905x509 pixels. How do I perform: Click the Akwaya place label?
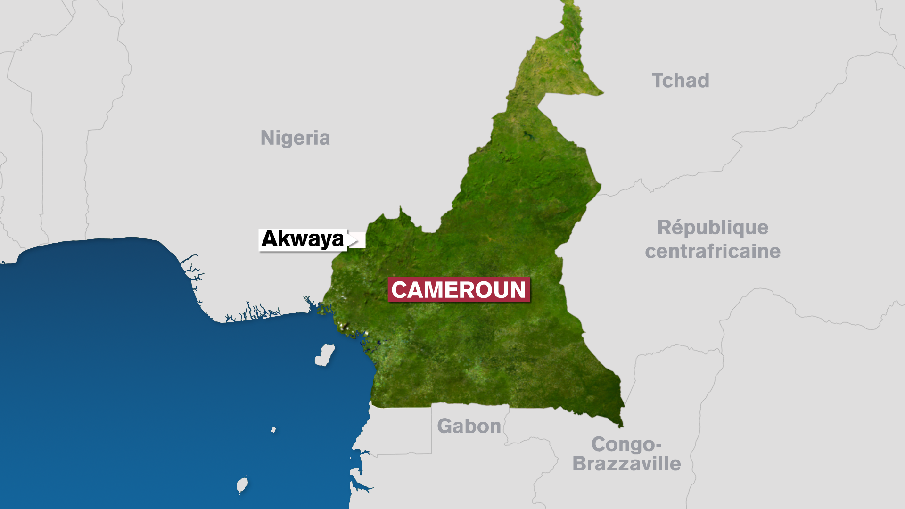[303, 239]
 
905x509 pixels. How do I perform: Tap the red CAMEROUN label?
[459, 289]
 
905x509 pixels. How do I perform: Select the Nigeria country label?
[295, 138]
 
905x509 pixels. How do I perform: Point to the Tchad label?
[680, 81]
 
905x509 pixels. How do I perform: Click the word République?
[713, 228]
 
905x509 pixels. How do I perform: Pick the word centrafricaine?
[713, 251]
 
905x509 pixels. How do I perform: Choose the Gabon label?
[469, 426]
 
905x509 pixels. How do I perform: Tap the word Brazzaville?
[626, 464]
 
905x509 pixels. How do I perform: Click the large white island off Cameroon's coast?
[325, 355]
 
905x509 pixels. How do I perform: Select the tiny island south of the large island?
[273, 429]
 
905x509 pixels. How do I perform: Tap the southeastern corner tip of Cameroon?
[621, 426]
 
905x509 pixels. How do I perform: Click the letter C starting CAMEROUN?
[400, 290]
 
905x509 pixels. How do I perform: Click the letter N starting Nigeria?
[267, 138]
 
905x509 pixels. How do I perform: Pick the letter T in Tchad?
[658, 81]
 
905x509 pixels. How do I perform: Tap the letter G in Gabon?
[444, 426]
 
